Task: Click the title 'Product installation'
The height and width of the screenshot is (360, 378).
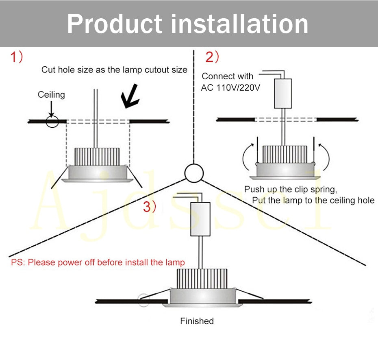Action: click(188, 23)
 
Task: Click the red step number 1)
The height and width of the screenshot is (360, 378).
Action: click(17, 57)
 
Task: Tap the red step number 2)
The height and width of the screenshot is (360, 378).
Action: click(212, 57)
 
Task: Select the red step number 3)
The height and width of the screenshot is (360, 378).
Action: click(150, 207)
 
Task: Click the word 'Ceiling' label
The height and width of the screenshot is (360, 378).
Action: click(51, 95)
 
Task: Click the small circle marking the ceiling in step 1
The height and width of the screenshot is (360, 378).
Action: click(52, 121)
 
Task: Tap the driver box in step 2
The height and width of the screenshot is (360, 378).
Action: click(283, 93)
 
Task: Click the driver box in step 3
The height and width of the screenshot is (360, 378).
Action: click(200, 220)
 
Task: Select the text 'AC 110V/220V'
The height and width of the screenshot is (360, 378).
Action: click(230, 87)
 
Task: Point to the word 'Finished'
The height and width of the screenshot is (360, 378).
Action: click(197, 321)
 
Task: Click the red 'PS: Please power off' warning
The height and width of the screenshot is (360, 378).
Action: click(98, 262)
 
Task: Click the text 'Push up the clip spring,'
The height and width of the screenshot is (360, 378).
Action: click(291, 190)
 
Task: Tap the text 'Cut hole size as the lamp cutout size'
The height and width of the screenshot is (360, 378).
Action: click(114, 70)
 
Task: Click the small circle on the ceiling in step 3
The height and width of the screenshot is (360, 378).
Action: click(144, 300)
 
